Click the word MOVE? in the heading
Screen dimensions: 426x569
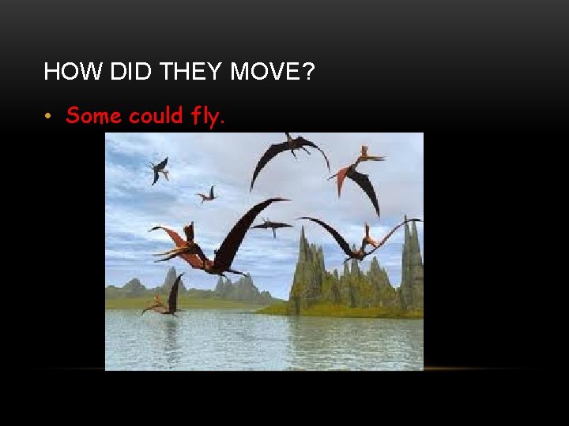pos(273,73)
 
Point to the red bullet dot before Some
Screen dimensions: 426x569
pos(49,117)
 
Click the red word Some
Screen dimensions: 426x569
pos(94,116)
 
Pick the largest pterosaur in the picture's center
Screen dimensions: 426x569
pos(209,248)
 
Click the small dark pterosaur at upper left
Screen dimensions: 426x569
pos(160,169)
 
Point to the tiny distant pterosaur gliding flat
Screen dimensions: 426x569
pos(271,227)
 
